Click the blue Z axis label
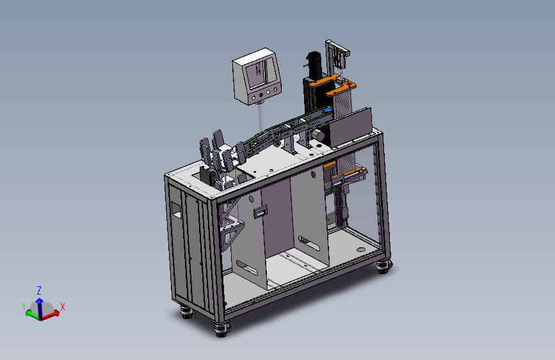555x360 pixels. (39, 291)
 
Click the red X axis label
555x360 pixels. (63, 307)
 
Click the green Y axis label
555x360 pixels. (24, 307)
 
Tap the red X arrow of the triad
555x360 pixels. (51, 315)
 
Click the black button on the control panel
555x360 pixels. (261, 95)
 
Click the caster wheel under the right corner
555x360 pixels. (383, 266)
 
